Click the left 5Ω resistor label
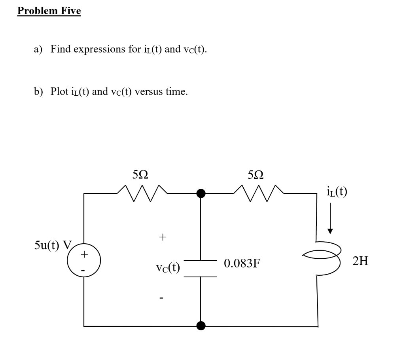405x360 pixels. tap(141, 174)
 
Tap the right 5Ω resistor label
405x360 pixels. tap(256, 174)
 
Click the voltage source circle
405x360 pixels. tap(84, 261)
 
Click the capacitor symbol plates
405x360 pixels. tap(201, 269)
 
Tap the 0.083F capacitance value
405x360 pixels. tap(242, 263)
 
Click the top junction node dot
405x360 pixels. tap(201, 193)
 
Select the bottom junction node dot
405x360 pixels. tap(201, 326)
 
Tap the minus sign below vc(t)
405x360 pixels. tap(162, 298)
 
